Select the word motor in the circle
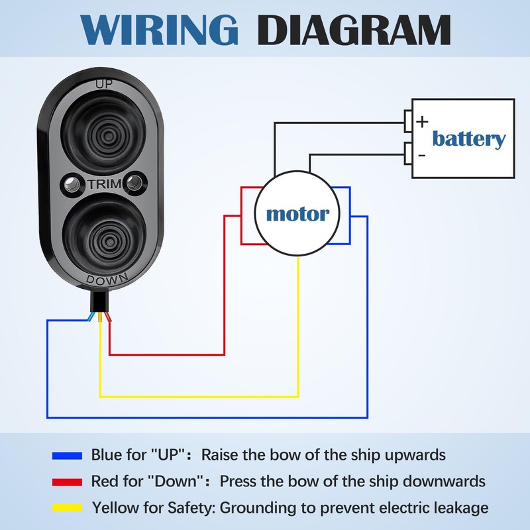click(x=297, y=215)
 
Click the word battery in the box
click(x=468, y=139)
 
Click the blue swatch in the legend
click(x=67, y=456)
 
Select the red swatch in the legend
click(x=67, y=482)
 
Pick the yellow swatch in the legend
click(x=67, y=508)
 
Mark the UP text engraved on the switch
click(x=103, y=84)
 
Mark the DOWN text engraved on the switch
click(x=103, y=280)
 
